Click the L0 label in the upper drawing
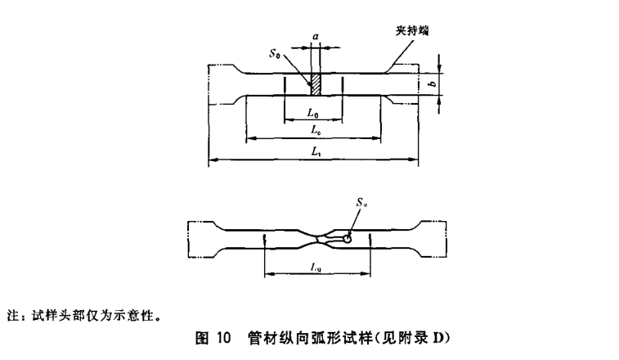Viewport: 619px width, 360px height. tap(313, 112)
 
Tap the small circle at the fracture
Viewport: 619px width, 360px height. tap(348, 239)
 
